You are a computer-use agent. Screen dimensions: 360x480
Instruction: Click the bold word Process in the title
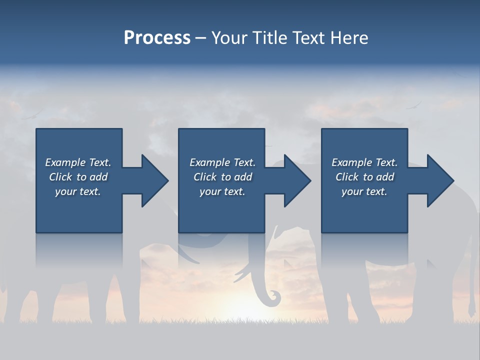(x=157, y=38)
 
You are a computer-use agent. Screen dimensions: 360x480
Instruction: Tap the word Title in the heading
(x=270, y=38)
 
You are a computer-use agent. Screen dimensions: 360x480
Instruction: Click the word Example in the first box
(x=65, y=162)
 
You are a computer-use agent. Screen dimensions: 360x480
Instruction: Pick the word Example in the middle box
(x=209, y=162)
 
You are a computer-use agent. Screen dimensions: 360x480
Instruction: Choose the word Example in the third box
(x=351, y=162)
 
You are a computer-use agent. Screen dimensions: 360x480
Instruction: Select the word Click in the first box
(x=60, y=177)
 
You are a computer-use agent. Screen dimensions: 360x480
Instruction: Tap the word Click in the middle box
(x=205, y=177)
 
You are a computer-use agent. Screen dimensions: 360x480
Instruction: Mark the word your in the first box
(x=65, y=192)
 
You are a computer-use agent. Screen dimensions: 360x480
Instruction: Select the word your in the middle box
(x=210, y=192)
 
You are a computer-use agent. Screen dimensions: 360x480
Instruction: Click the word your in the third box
(x=352, y=192)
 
